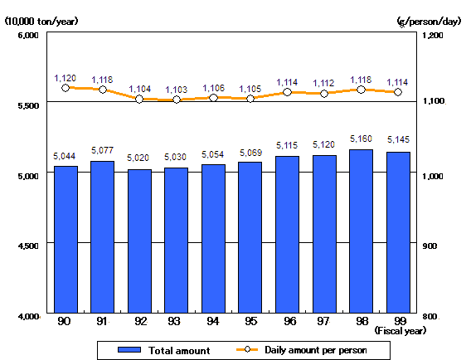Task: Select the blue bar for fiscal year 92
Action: (139, 241)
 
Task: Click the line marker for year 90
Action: (66, 87)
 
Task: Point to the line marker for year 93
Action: (176, 100)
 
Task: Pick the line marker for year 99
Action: (398, 92)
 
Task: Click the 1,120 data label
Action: (66, 77)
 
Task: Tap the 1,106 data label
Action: (213, 88)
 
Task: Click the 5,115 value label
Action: (287, 146)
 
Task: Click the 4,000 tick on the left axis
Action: (27, 316)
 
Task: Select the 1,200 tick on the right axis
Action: (434, 36)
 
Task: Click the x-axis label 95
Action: (250, 321)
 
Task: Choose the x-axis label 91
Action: (102, 321)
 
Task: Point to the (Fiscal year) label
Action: (400, 330)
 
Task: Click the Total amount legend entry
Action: (164, 350)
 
